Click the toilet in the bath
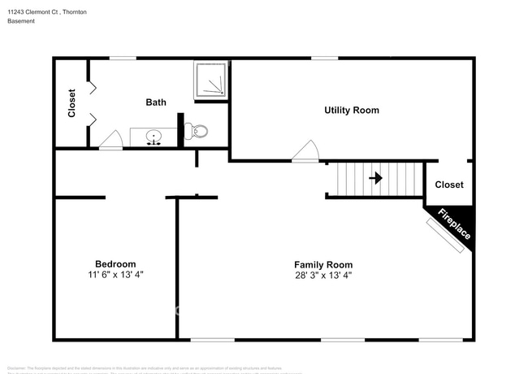point(198,132)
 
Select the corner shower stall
point(210,79)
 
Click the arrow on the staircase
point(375,177)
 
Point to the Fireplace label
point(454,224)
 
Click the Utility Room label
point(351,110)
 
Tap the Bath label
point(156,102)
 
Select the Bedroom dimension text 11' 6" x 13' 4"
point(115,275)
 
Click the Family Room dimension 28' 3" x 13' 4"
point(322,275)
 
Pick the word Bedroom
point(115,264)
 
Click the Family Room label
point(322,264)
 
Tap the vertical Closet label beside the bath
point(71,103)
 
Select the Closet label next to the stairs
point(449,185)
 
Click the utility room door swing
point(305,151)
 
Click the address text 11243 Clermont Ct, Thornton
point(47,12)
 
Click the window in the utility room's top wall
point(324,58)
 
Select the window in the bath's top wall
point(123,58)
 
